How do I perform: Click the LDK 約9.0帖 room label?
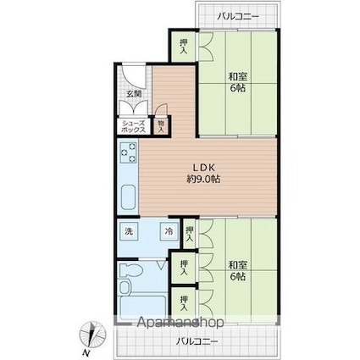point(203,174)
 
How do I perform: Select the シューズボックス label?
point(133,127)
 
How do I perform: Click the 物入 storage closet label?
point(161,127)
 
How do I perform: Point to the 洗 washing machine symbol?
point(129,231)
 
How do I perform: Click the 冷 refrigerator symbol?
point(169,231)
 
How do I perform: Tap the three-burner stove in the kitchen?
point(129,152)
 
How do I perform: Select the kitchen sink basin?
point(129,197)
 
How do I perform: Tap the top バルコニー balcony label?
point(238,16)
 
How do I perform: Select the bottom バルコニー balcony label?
point(197,341)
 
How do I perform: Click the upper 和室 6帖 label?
point(237,82)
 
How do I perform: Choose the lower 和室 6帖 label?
point(237,270)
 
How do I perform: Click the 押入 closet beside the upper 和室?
point(184,47)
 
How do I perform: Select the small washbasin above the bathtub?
point(125,287)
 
